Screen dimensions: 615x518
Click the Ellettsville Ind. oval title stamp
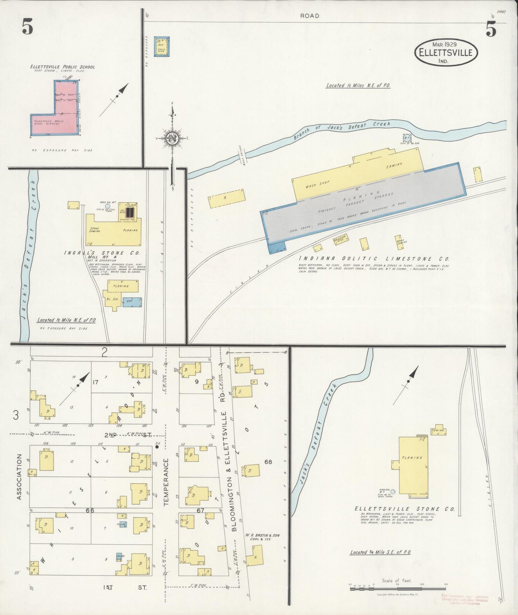tap(446, 52)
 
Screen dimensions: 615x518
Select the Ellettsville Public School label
tap(63, 67)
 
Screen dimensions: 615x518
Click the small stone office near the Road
tap(161, 46)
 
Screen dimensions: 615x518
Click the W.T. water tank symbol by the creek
tap(407, 138)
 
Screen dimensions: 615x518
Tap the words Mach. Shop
tap(317, 184)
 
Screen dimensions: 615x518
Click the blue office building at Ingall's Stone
tap(132, 302)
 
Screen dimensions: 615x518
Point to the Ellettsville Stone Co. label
tap(404, 509)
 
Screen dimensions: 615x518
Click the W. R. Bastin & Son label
tap(262, 535)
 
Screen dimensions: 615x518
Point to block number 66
tap(90, 510)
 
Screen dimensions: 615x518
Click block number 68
tap(268, 461)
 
